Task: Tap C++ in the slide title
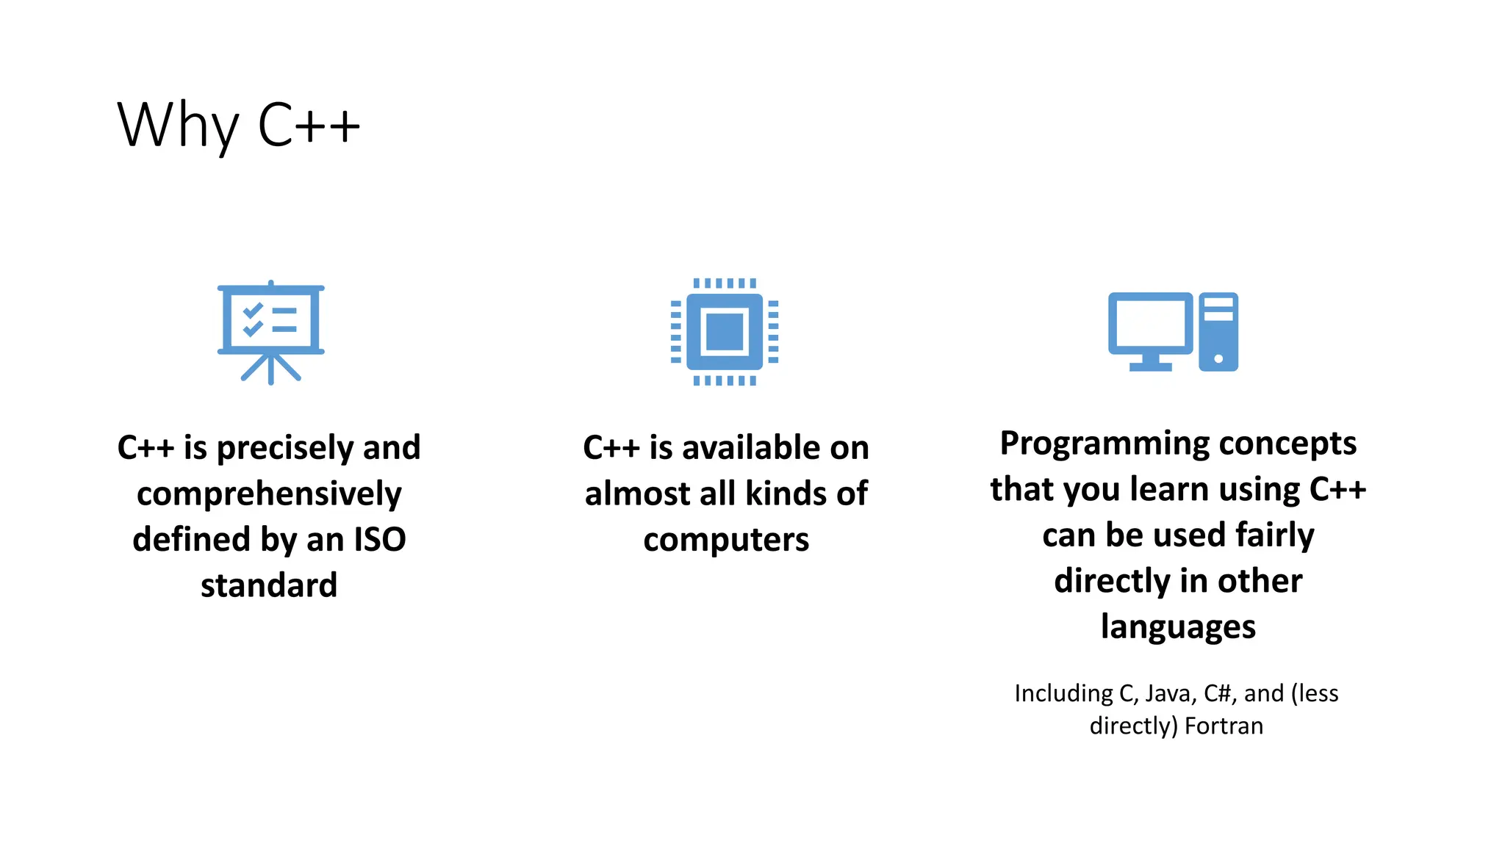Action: tap(309, 125)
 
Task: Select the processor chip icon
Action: tap(725, 332)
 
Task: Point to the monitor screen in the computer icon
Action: tap(1150, 324)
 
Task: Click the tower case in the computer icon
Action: tap(1218, 331)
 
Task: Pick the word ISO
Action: tap(379, 539)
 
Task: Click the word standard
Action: tap(269, 585)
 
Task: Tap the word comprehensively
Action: tap(269, 493)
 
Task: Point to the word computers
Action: tap(726, 540)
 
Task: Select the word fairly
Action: tap(1274, 535)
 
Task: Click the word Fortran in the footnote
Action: tap(1224, 726)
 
